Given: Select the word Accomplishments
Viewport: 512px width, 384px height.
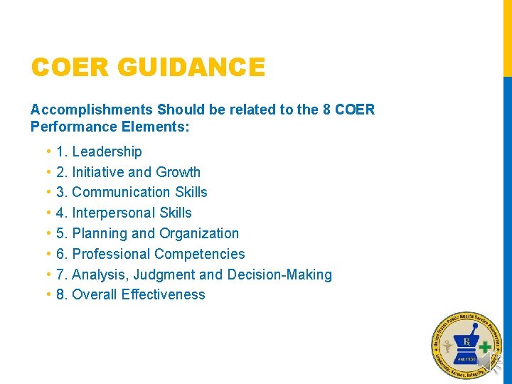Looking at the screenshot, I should click(x=92, y=110).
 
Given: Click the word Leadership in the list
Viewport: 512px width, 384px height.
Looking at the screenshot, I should click(x=107, y=151).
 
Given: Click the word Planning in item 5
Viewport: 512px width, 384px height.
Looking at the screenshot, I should click(x=99, y=233).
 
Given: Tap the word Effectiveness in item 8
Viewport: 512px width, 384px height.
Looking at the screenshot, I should click(x=163, y=294).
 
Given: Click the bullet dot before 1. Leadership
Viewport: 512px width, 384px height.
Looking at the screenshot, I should click(x=48, y=151).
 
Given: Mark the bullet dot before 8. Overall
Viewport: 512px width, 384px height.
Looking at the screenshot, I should click(x=48, y=294).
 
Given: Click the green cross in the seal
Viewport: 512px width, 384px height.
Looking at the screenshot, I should click(x=485, y=348).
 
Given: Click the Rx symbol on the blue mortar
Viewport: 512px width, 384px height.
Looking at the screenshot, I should click(x=466, y=343).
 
